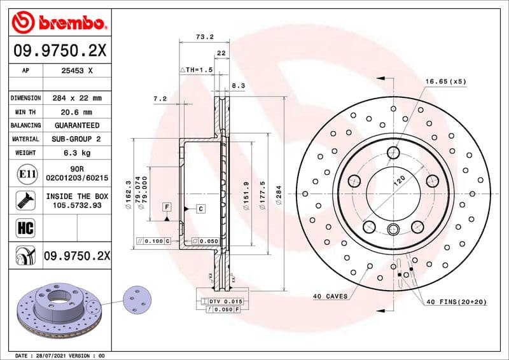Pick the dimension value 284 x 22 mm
point(77,98)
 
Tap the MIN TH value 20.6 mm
point(77,111)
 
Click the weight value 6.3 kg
point(77,153)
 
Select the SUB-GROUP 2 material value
point(77,139)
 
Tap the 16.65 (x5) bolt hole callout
point(445,81)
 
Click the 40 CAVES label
point(330,296)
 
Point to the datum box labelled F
point(167,207)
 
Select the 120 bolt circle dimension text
point(399,180)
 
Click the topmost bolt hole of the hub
point(393,151)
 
